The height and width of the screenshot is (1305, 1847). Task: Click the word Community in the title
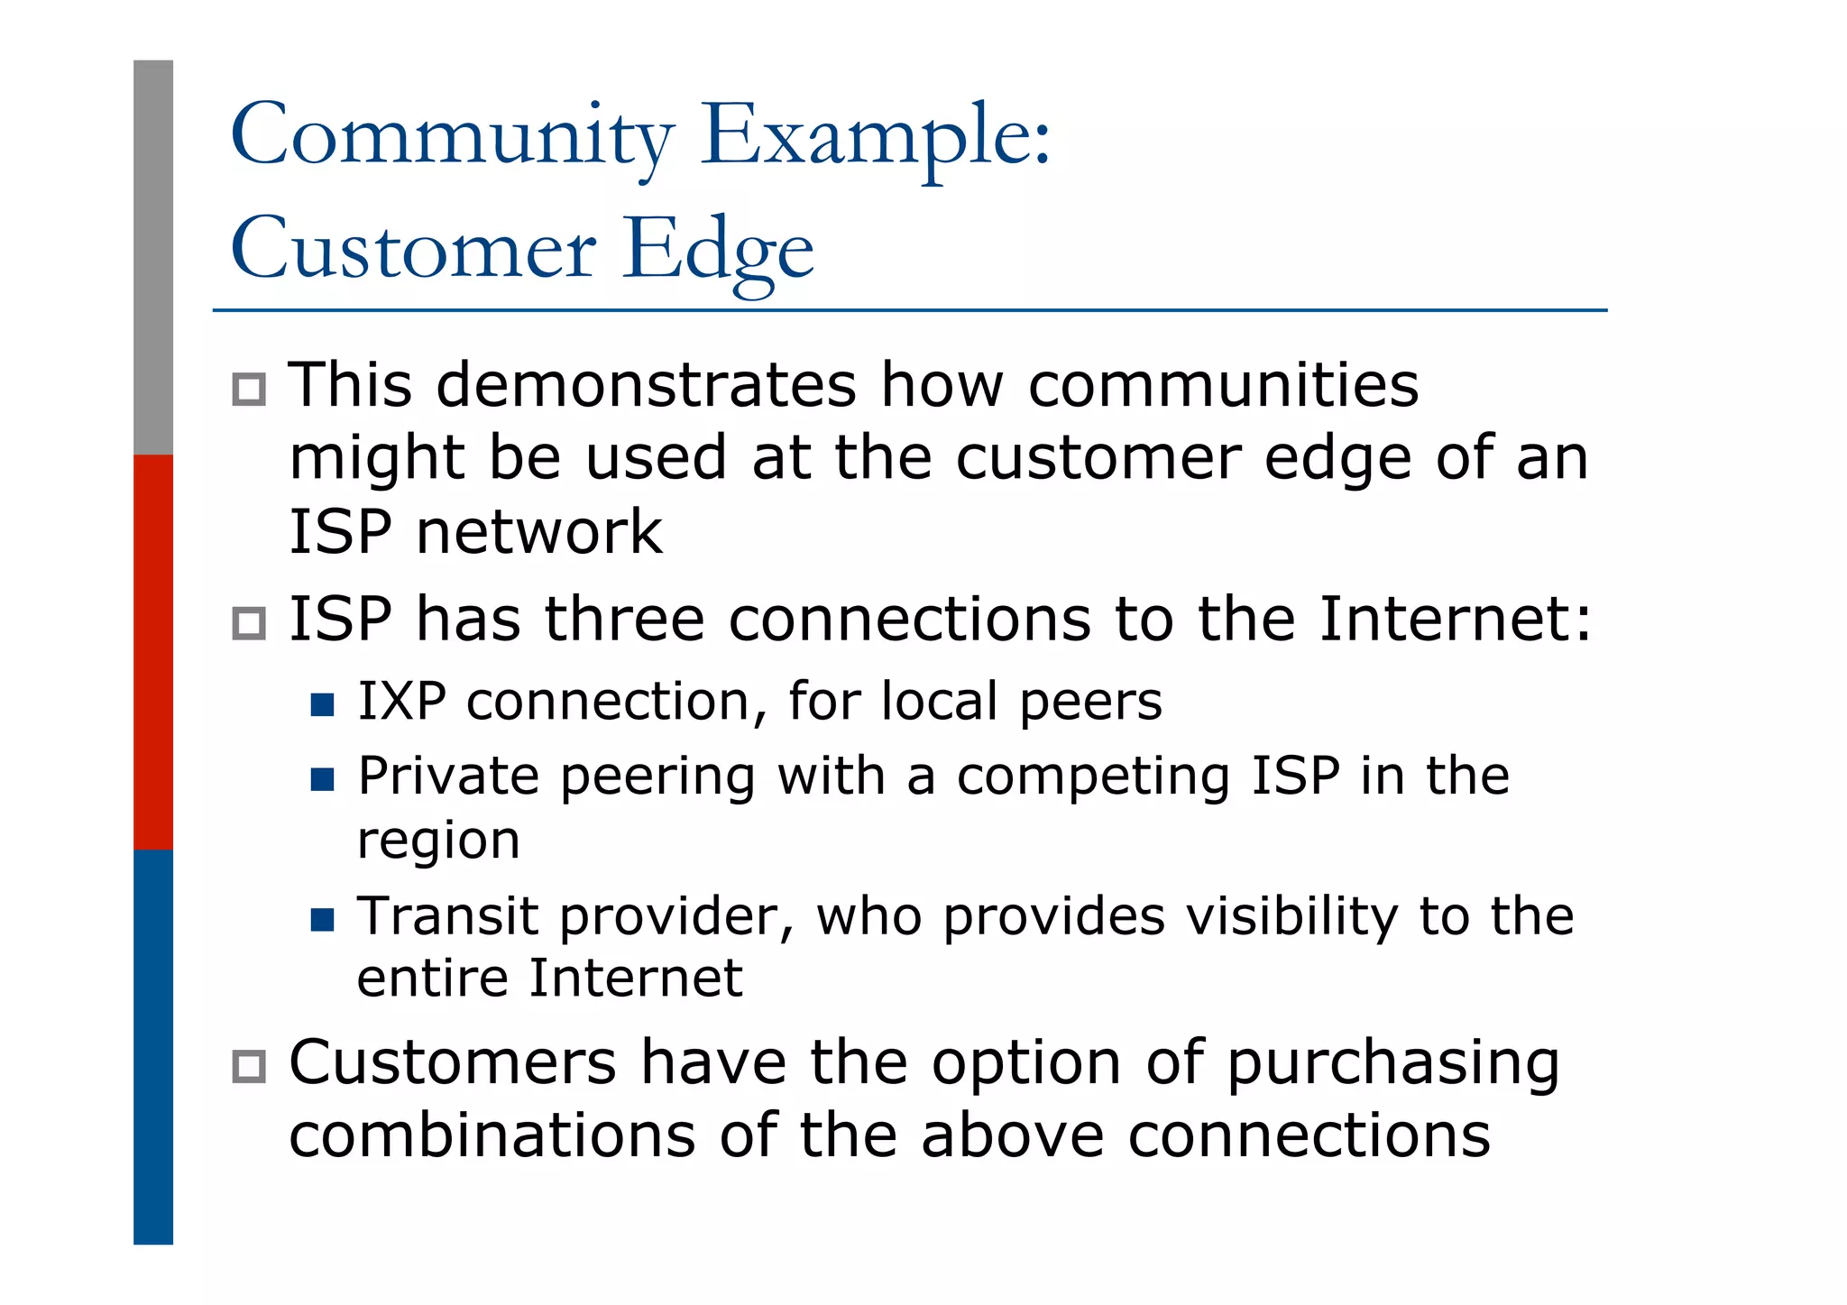(x=451, y=135)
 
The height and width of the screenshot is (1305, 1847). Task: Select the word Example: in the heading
(x=875, y=135)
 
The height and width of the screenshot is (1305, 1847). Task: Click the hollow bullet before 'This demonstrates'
(x=249, y=390)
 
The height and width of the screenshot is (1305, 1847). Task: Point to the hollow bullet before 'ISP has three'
(x=249, y=623)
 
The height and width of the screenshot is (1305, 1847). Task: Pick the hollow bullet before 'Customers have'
(x=249, y=1066)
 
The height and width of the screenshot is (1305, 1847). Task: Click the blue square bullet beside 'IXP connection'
(x=322, y=704)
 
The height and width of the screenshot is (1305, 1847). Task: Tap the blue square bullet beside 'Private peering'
(x=322, y=779)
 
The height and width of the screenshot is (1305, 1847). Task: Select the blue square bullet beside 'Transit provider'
(x=322, y=920)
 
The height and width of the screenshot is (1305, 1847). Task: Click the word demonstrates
(x=646, y=386)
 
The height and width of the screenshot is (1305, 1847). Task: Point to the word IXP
(x=401, y=702)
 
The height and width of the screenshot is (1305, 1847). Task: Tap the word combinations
(x=492, y=1135)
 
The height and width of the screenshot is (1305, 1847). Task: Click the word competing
(x=1093, y=777)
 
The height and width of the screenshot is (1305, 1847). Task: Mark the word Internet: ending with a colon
(x=1455, y=620)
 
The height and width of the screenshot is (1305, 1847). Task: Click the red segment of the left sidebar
(x=153, y=651)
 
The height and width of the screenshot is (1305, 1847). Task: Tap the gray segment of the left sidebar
(x=153, y=257)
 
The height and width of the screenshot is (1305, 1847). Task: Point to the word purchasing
(x=1392, y=1064)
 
